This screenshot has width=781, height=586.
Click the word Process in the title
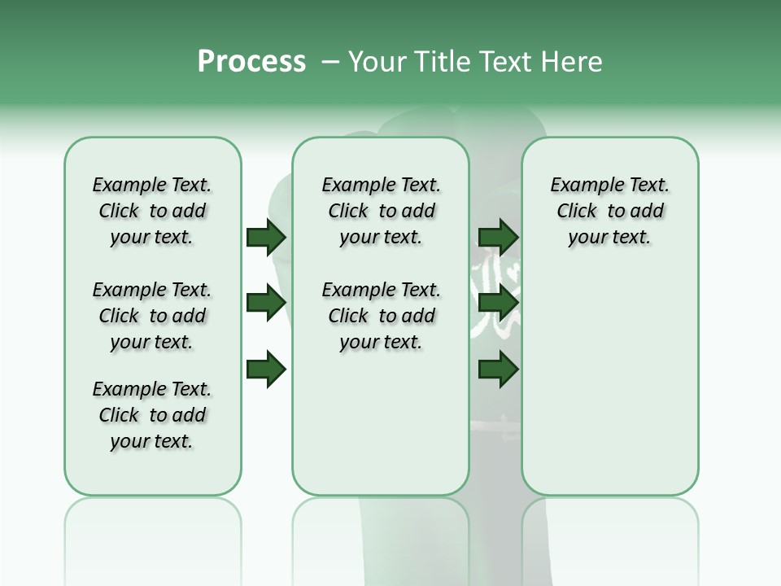pos(251,61)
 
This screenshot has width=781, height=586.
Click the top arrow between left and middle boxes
pos(266,238)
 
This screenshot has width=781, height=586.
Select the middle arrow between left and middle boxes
pos(266,303)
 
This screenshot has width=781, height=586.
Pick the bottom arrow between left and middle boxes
pos(266,369)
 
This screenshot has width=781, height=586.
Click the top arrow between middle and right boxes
pos(499,238)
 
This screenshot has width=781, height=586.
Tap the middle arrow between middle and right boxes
pos(499,303)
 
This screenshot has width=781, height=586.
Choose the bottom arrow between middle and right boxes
pos(499,369)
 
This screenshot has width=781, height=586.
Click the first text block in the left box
pos(152,211)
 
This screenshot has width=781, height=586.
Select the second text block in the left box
pos(152,316)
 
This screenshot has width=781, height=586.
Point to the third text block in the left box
pos(152,415)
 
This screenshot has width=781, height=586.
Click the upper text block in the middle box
pos(381,211)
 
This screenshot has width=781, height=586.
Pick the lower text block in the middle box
pos(381,316)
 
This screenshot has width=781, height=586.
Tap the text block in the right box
pos(609,211)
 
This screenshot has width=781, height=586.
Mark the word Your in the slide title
pos(377,61)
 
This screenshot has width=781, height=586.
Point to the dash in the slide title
pos(330,62)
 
